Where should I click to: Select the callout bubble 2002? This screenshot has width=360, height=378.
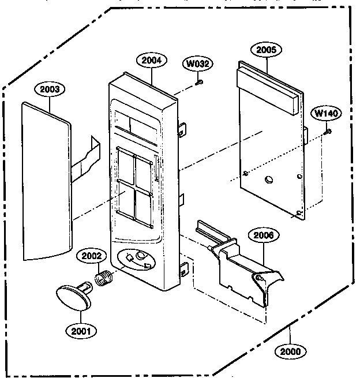[x=93, y=256]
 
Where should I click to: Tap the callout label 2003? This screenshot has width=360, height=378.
[x=50, y=89]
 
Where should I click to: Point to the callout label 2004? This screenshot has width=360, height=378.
[x=152, y=59]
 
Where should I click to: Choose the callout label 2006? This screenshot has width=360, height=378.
[x=263, y=235]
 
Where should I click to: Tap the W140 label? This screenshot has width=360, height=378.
[x=326, y=113]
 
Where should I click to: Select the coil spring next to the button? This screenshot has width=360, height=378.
[x=104, y=280]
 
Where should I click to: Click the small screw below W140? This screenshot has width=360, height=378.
[x=327, y=132]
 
